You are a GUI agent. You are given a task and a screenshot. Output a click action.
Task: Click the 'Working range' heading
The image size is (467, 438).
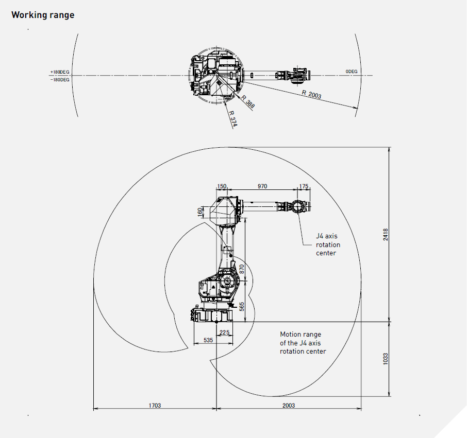point(43,15)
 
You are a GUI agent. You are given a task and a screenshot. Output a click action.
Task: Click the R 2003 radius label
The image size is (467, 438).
point(312,94)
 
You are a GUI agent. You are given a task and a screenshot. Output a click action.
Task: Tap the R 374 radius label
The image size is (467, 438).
point(232,118)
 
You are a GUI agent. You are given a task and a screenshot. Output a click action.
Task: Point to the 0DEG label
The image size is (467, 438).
point(352,71)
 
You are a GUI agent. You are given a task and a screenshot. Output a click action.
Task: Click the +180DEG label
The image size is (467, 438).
point(60,72)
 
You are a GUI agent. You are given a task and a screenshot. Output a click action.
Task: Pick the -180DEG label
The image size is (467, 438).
point(60,80)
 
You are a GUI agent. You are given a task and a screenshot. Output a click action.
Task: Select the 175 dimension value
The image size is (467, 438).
point(304,186)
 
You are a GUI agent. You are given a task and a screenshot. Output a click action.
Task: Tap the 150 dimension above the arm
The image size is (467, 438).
point(222,186)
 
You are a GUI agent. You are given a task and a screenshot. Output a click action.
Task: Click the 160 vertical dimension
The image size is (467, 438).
point(200,212)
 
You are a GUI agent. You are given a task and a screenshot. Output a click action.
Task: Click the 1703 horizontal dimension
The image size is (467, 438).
point(155,406)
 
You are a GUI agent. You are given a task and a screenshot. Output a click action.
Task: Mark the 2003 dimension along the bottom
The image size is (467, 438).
point(289,406)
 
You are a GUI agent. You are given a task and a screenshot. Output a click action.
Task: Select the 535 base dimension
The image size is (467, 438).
point(208,340)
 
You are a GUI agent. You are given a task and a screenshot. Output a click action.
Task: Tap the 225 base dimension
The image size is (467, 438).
point(224,332)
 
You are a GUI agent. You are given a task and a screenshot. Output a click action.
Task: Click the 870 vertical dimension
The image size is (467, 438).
point(242,268)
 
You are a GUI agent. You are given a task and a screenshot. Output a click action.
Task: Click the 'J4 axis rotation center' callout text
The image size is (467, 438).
point(328,244)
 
